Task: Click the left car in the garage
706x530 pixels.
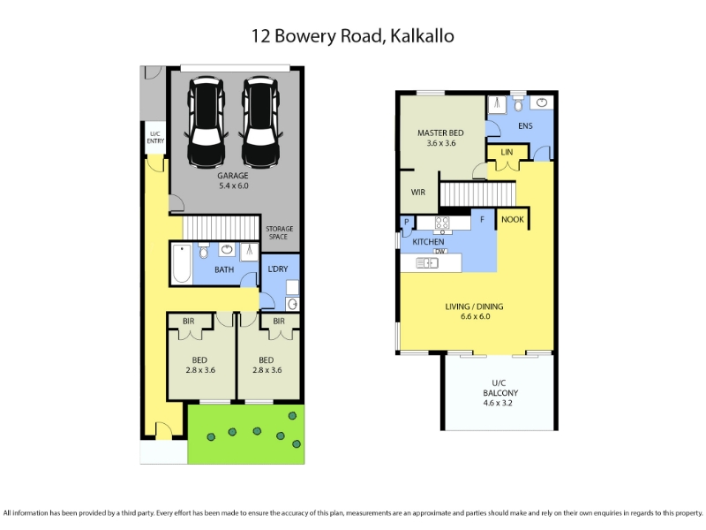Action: (x=207, y=122)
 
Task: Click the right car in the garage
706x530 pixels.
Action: (x=260, y=122)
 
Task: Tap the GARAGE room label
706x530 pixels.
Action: (x=233, y=176)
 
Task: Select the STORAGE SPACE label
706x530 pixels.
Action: (x=279, y=232)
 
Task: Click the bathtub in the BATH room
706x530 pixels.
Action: (x=182, y=263)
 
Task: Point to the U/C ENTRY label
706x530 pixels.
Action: (x=155, y=138)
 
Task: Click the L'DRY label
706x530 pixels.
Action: (x=277, y=269)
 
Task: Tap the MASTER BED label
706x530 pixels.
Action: (x=440, y=133)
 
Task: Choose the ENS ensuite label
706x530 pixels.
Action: (x=525, y=125)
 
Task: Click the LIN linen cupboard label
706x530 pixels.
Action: (x=507, y=152)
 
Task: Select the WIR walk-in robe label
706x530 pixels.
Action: (x=417, y=193)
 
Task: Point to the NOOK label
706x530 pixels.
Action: (x=513, y=219)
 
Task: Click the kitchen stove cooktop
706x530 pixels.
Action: (x=442, y=223)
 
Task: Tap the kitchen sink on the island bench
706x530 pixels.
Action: (x=427, y=262)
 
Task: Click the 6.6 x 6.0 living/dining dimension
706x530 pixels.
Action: (x=475, y=316)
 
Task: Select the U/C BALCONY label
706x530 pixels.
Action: (x=499, y=388)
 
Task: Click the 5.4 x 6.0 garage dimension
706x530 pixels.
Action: (x=233, y=185)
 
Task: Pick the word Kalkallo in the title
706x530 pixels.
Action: (x=422, y=36)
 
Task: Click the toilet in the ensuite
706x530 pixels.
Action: (x=518, y=103)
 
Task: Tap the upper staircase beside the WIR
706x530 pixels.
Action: (x=477, y=193)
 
